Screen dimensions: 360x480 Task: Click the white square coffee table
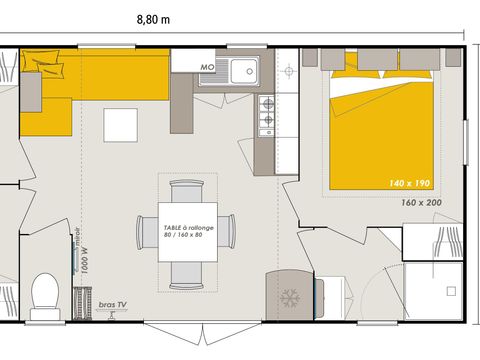coord(122,124)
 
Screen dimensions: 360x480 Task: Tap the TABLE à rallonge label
coord(189,231)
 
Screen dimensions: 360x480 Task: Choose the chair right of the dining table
coord(231,231)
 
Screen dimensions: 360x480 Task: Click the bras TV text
coord(113,301)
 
